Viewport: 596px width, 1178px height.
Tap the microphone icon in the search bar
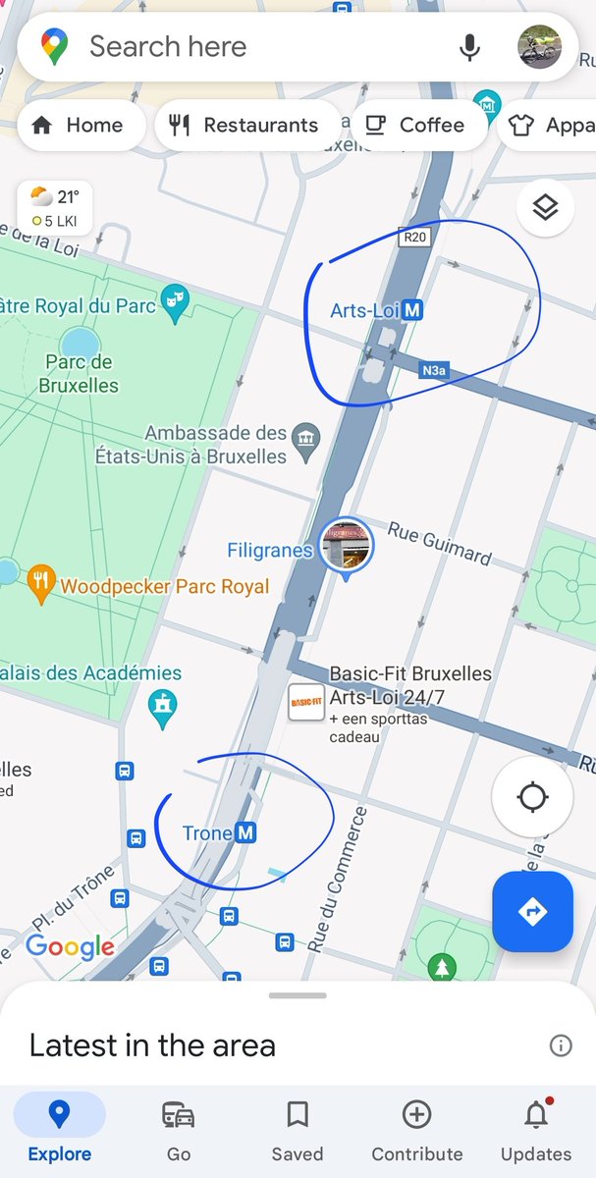pyautogui.click(x=470, y=47)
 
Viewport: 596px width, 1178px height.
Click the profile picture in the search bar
pyautogui.click(x=538, y=47)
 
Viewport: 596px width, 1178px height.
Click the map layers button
pyautogui.click(x=545, y=207)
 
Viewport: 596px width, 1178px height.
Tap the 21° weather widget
pyautogui.click(x=55, y=207)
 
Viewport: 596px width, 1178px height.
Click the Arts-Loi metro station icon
pyautogui.click(x=413, y=311)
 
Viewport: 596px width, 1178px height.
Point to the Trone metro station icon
pyautogui.click(x=246, y=833)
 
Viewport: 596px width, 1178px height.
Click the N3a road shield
pyautogui.click(x=433, y=371)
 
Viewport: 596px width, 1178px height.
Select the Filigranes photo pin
pyautogui.click(x=347, y=545)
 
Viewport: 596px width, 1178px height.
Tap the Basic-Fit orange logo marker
pyautogui.click(x=305, y=703)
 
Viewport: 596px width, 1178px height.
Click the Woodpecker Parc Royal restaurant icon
pyautogui.click(x=40, y=585)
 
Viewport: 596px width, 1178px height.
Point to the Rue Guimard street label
pyautogui.click(x=439, y=543)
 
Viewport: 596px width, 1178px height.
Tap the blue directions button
pyautogui.click(x=532, y=912)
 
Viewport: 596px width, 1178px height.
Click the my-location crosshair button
pyautogui.click(x=532, y=797)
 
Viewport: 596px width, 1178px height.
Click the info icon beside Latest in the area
pyautogui.click(x=561, y=1045)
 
